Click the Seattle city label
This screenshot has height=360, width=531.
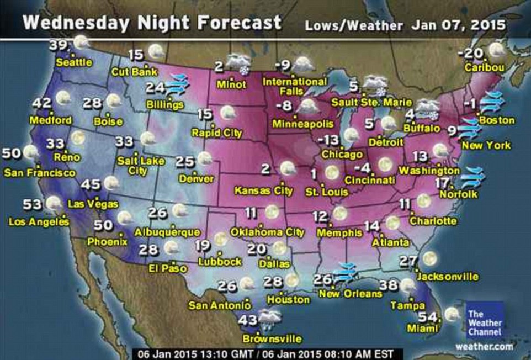(74, 63)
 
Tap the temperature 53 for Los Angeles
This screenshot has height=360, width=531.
(33, 205)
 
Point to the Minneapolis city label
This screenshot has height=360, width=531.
(302, 124)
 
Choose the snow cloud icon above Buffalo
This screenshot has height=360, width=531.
(428, 108)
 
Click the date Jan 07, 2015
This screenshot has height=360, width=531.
(459, 25)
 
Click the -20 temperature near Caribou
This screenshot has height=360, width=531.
(471, 54)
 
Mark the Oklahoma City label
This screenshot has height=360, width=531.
(267, 232)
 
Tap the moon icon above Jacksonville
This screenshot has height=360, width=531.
(429, 258)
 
